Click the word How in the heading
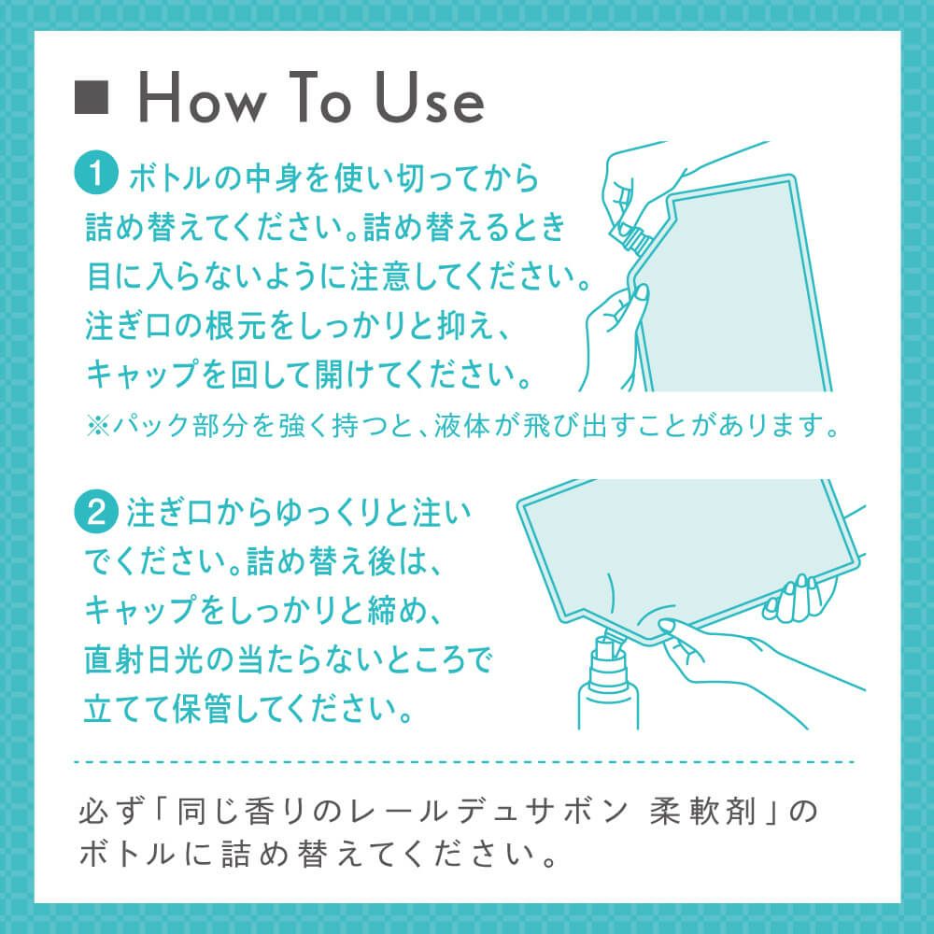click(202, 98)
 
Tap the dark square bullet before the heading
click(92, 97)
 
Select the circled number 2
click(96, 511)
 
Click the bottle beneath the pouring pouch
click(608, 685)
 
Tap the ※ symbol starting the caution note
click(98, 425)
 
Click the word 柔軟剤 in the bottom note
click(703, 812)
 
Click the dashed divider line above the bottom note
click(464, 762)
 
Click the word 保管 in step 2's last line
click(201, 709)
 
